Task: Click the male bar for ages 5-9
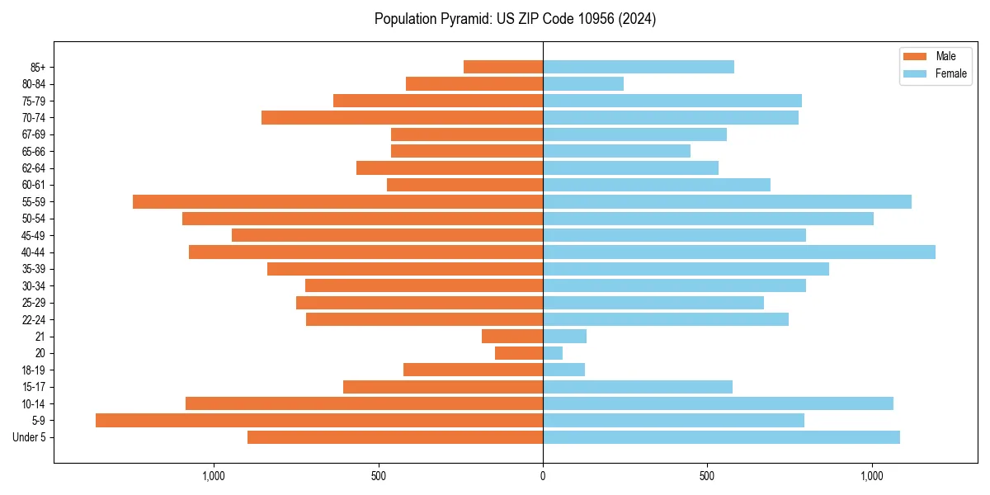(x=319, y=421)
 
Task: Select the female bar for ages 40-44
(x=739, y=252)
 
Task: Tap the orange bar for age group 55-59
(x=337, y=202)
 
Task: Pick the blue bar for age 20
(x=553, y=353)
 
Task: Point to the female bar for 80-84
(x=583, y=84)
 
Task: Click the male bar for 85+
(x=503, y=67)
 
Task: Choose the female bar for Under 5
(x=721, y=437)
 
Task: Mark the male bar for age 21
(x=512, y=337)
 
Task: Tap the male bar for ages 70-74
(x=402, y=118)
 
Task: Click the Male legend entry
(x=945, y=56)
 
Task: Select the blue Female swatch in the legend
(x=916, y=73)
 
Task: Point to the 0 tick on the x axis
(x=543, y=476)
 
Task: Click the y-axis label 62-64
(x=34, y=168)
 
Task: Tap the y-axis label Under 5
(x=30, y=437)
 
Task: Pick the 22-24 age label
(x=34, y=320)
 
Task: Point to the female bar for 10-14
(x=718, y=403)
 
